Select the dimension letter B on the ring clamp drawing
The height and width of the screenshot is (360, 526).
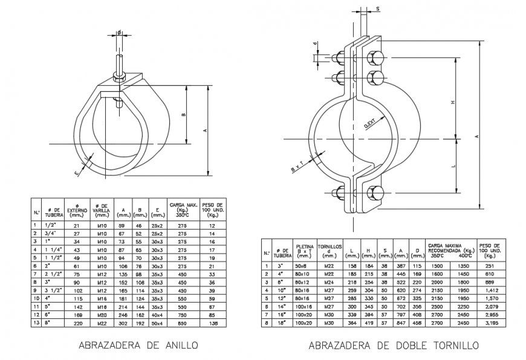pos(184,115)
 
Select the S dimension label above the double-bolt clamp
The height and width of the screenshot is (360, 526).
pos(377,9)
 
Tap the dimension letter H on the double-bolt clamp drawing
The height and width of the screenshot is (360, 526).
pos(453,103)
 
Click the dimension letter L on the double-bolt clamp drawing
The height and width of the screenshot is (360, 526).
pos(453,165)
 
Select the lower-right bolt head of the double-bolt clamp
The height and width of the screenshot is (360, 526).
pos(375,193)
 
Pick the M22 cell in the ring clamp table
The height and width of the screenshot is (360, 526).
pos(102,323)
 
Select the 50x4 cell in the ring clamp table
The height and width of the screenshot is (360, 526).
pos(158,323)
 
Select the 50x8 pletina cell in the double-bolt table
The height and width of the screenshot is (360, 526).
pos(302,265)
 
